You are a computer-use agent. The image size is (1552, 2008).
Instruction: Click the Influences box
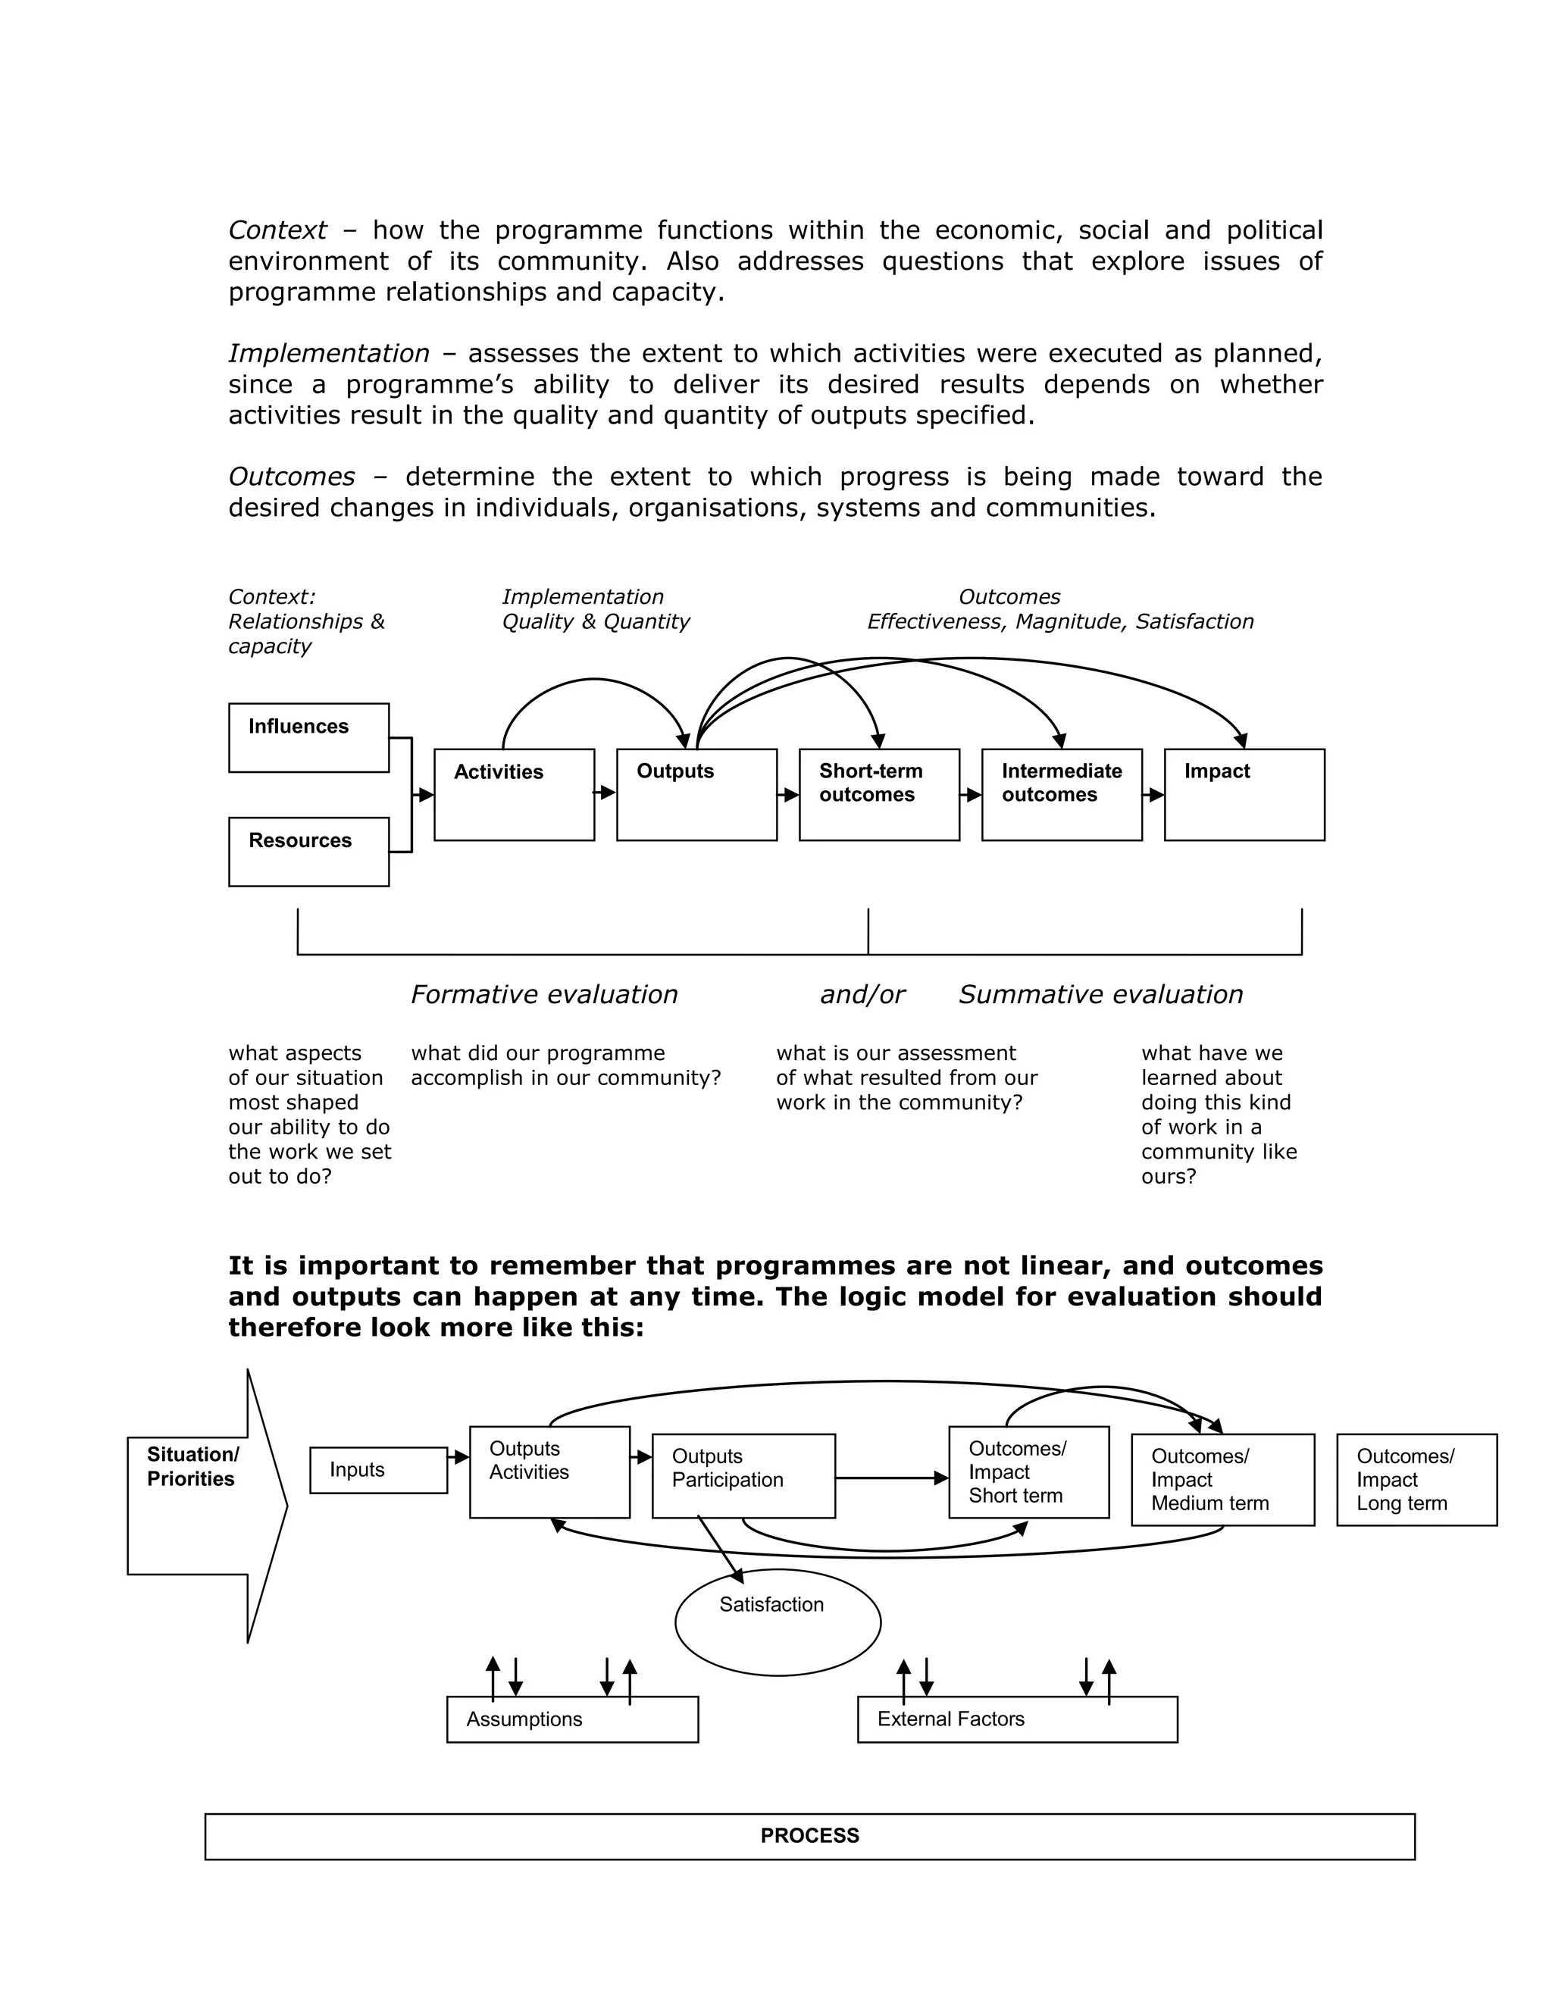click(308, 737)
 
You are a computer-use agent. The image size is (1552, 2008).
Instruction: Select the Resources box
click(308, 852)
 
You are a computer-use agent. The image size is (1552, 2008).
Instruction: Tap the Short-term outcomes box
click(879, 794)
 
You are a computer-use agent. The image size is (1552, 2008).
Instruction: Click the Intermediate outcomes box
click(1061, 794)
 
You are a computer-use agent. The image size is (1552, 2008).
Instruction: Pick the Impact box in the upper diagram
click(1244, 794)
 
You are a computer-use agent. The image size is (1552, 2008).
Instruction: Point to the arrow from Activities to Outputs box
click(605, 792)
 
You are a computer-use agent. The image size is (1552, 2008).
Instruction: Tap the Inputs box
click(378, 1470)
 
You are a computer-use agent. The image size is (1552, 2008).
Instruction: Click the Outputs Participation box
click(743, 1475)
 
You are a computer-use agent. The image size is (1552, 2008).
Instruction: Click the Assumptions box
click(572, 1719)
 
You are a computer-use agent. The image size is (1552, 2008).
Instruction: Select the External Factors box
click(1017, 1719)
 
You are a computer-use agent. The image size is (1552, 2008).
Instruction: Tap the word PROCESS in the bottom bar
click(809, 1836)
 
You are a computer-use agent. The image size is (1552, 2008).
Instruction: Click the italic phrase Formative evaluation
click(543, 995)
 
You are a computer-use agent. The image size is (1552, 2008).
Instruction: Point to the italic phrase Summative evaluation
click(1100, 995)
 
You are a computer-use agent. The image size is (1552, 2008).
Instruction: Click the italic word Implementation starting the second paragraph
click(328, 353)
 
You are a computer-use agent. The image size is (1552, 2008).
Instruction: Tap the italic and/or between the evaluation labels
click(862, 995)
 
